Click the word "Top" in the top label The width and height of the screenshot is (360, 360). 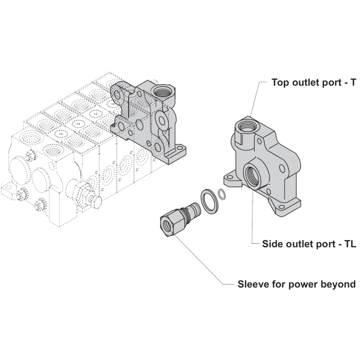[282, 82]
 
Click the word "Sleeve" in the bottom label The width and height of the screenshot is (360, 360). [253, 284]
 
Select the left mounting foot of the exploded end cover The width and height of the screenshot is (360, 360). [230, 179]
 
